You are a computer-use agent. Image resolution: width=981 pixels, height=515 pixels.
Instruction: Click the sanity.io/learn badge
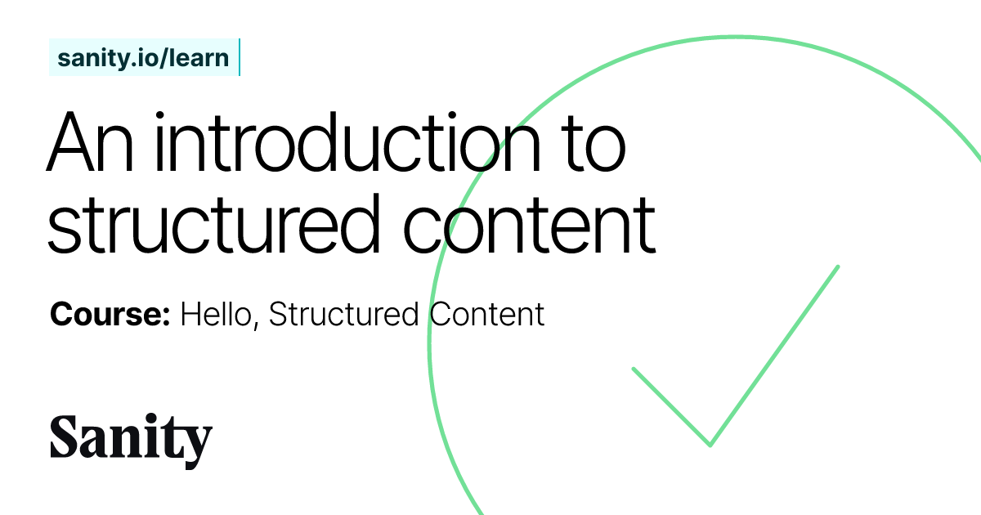click(x=143, y=58)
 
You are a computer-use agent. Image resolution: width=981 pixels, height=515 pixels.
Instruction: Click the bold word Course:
click(x=110, y=315)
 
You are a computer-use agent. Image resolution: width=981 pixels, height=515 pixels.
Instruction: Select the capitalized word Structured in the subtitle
click(x=344, y=315)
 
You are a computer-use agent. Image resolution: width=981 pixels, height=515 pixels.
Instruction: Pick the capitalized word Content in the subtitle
click(x=486, y=315)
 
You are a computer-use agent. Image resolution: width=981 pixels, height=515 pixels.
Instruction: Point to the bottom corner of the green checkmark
click(x=710, y=445)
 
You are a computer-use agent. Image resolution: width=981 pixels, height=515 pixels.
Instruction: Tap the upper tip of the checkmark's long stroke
click(x=838, y=266)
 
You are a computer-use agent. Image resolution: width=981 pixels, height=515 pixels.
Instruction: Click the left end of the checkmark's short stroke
click(x=634, y=369)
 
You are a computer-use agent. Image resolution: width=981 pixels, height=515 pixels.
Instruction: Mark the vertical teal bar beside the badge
click(x=239, y=57)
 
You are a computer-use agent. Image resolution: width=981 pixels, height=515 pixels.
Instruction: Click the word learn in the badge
click(x=199, y=58)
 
